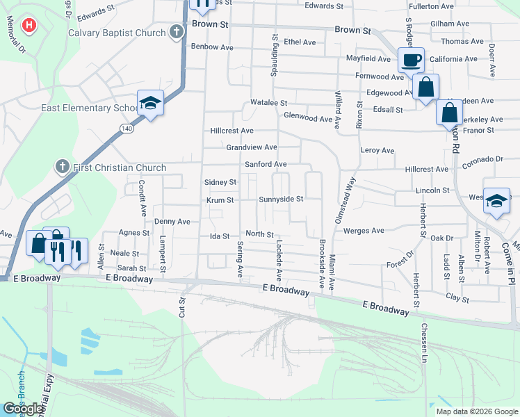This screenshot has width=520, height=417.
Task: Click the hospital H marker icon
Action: tap(29, 27)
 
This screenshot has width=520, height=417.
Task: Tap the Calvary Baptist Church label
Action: tap(117, 33)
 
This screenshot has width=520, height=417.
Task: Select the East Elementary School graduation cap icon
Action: tap(150, 104)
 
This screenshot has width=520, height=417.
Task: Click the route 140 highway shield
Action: tap(126, 129)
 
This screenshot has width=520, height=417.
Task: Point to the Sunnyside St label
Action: tap(281, 199)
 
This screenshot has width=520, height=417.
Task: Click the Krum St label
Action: tap(219, 200)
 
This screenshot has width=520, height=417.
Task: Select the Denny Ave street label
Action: tap(172, 222)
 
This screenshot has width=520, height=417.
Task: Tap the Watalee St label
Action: tap(269, 103)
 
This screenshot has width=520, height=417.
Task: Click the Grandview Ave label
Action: tap(252, 147)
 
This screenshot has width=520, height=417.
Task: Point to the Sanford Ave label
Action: tap(265, 164)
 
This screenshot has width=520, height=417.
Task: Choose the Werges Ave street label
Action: tap(364, 230)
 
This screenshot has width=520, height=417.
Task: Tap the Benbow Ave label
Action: tap(212, 47)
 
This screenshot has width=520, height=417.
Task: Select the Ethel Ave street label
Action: tap(299, 42)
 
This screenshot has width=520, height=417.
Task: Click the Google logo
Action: tap(24, 409)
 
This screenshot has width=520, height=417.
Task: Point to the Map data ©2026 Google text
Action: tap(476, 411)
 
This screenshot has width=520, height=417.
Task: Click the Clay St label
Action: tap(457, 297)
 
